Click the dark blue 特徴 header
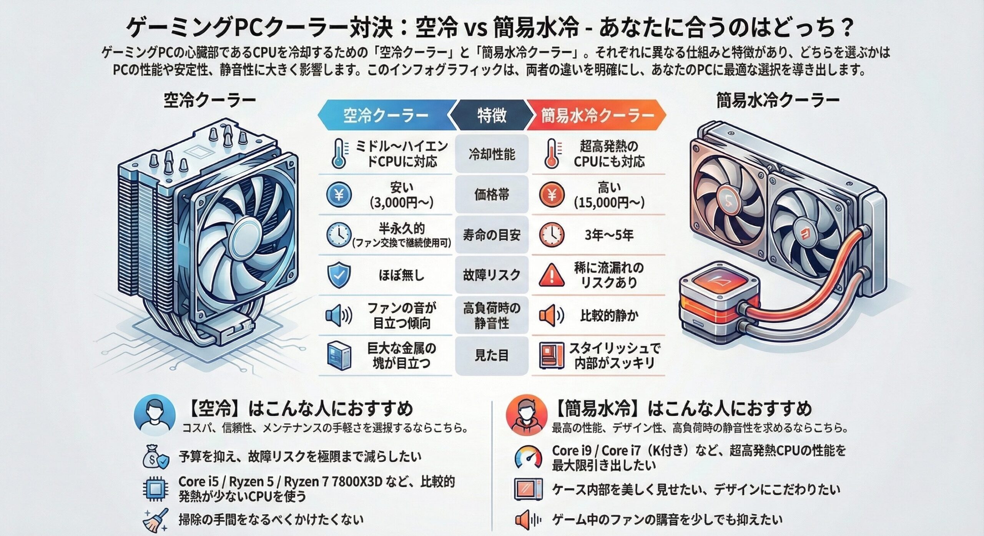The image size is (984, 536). [x=492, y=115]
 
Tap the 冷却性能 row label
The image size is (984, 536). [x=492, y=154]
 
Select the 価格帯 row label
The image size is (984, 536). [x=492, y=195]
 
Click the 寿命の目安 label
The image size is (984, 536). [x=492, y=235]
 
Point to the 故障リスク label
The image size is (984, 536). [x=492, y=275]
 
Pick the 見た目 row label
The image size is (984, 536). [x=492, y=355]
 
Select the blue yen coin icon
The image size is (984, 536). [x=339, y=195]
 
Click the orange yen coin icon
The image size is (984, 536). [x=552, y=195]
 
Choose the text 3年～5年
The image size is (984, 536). [x=609, y=235]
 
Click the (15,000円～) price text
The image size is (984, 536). [x=609, y=203]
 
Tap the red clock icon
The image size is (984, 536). [x=552, y=235]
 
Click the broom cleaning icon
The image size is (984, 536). [x=155, y=520]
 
